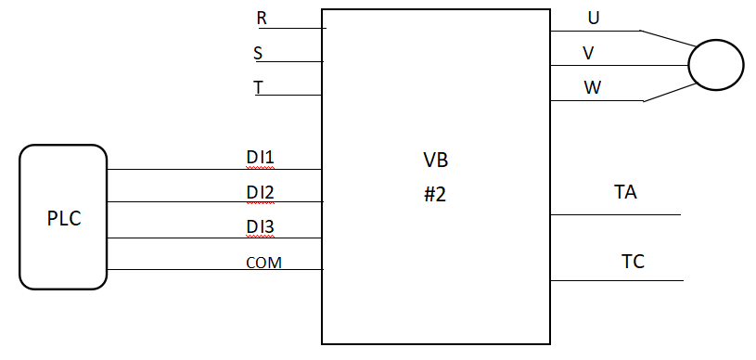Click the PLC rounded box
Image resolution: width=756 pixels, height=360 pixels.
[63, 217]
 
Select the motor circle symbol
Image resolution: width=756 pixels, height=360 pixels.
[715, 65]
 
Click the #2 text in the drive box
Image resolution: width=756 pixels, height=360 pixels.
[435, 195]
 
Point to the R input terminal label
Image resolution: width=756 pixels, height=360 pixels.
[262, 19]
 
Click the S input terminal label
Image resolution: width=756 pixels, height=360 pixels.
[258, 53]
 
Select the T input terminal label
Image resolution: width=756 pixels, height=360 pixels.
[259, 87]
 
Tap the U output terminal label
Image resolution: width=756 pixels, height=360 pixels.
[593, 19]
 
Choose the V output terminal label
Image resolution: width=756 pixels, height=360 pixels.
[588, 53]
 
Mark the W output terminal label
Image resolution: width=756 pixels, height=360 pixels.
[592, 88]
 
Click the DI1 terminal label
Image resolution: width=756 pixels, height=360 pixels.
[260, 158]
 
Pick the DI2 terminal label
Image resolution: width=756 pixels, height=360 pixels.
[260, 192]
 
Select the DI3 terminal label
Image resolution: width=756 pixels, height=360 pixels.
[260, 226]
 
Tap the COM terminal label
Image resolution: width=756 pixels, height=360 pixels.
[263, 263]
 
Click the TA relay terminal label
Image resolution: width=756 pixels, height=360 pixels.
[625, 193]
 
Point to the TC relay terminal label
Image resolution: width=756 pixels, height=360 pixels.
[633, 263]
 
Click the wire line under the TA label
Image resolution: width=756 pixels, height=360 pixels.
[616, 215]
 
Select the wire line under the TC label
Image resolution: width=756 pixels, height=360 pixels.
[617, 280]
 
